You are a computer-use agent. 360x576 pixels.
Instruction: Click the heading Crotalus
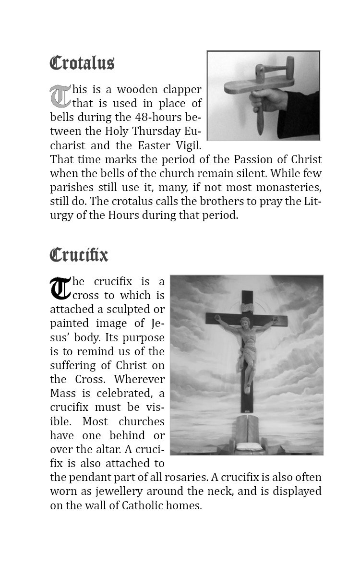pos(82,63)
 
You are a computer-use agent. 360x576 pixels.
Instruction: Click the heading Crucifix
pos(79,254)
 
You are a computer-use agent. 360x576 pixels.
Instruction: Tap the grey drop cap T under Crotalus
pos(60,96)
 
